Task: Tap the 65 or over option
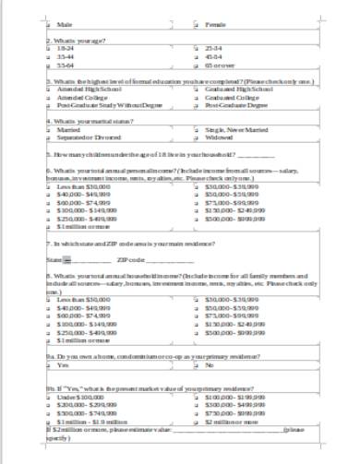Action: (x=196, y=66)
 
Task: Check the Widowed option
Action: (x=196, y=138)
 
